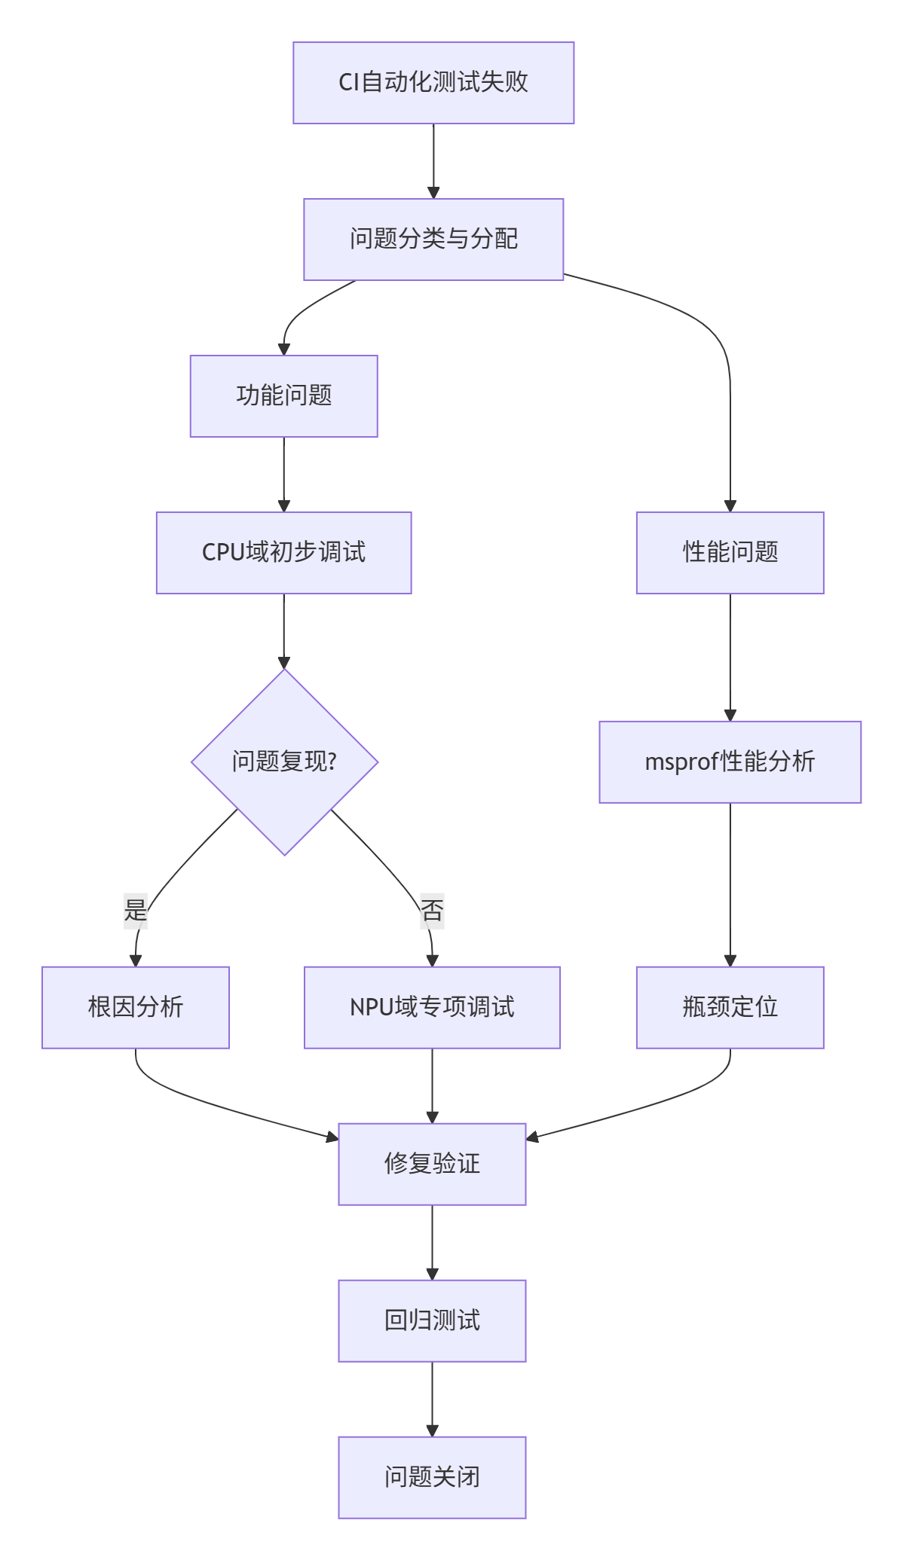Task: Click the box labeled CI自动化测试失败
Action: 433,83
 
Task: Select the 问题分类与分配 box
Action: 433,240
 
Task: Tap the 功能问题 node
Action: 283,396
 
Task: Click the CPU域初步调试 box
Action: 283,553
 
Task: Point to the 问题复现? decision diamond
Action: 284,762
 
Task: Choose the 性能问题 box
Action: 730,553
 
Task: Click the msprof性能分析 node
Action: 730,762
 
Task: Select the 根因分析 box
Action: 136,1008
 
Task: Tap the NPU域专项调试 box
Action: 432,1008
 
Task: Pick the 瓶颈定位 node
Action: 730,1008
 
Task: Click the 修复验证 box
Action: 432,1165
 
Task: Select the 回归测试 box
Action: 432,1321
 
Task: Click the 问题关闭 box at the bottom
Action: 432,1478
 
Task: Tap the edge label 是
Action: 136,911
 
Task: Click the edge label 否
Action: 432,911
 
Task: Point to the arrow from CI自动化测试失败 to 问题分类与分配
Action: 433,161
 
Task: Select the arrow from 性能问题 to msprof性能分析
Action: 730,657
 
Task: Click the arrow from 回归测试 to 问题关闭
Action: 432,1399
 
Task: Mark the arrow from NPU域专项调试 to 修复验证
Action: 432,1085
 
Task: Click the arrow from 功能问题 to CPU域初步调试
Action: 283,475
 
